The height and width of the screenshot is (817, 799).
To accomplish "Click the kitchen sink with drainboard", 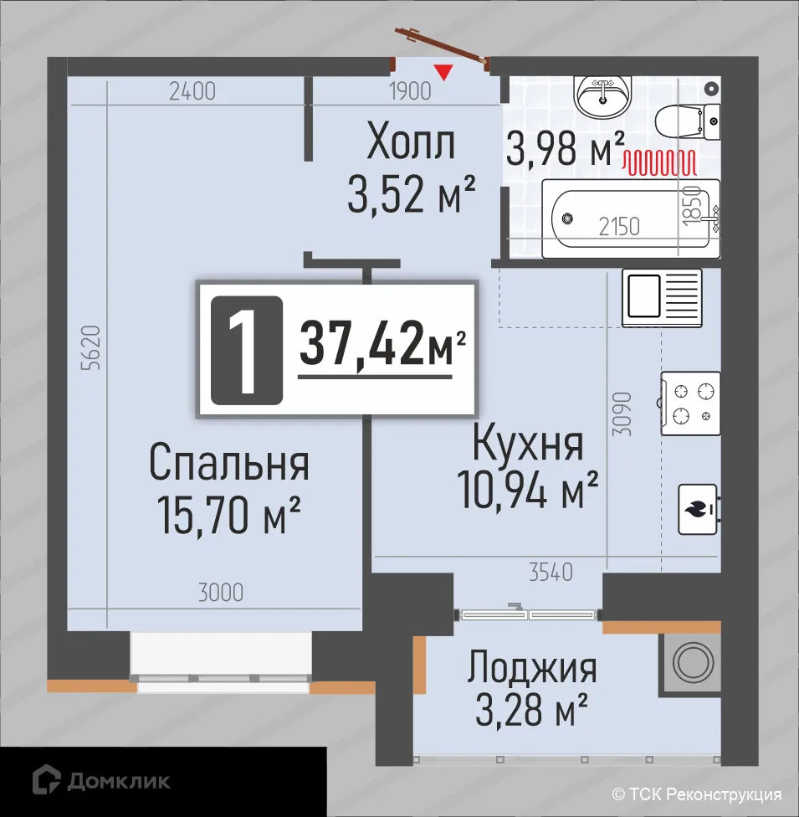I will [662, 297].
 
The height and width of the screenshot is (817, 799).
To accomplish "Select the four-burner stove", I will [690, 403].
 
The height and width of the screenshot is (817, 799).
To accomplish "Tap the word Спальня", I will [229, 463].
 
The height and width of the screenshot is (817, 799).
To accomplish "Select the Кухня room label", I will [527, 444].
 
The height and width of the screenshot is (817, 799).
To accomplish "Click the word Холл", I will [411, 143].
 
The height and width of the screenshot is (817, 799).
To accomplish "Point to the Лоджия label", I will [532, 669].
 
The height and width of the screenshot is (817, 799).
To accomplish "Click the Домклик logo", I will [100, 781].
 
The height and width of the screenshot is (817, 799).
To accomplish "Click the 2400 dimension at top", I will [192, 90].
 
